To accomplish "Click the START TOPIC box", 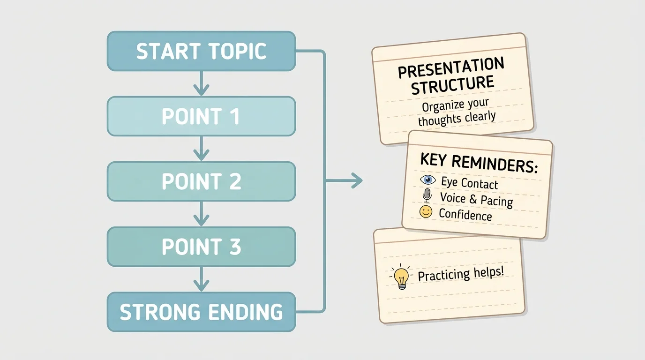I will point(201,51).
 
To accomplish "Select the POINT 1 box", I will point(201,116).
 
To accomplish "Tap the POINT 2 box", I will point(201,181).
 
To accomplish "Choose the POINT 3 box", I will point(201,247).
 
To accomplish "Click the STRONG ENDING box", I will point(201,312).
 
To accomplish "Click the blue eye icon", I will point(427,180).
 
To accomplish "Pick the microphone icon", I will point(427,195).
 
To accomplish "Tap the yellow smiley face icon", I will point(426,212).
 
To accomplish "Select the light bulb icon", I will point(402,277).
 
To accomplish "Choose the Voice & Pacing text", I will point(476,199).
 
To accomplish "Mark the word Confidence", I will point(465,215).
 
